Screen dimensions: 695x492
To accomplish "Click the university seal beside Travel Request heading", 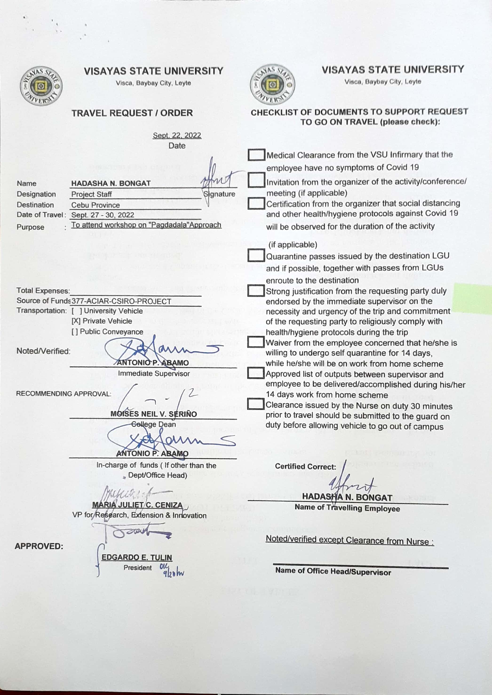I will [x=41, y=86].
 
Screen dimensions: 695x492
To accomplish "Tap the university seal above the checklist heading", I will [x=272, y=85].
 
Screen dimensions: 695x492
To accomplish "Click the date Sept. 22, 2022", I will [x=177, y=135].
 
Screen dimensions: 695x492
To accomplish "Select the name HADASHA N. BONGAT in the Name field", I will [x=111, y=183].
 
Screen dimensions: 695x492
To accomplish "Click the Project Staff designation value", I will [x=91, y=194].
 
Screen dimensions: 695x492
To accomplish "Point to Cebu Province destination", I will [x=95, y=205].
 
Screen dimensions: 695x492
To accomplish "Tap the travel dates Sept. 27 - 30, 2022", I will [x=103, y=215].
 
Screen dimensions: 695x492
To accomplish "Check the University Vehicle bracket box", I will [x=77, y=311].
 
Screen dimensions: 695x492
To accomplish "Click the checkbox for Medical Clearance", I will [x=256, y=155].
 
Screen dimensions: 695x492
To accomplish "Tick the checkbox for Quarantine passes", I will [x=256, y=255].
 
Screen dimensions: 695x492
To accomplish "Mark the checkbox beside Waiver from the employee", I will [x=256, y=342].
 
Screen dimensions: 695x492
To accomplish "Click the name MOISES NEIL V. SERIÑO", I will [x=154, y=414].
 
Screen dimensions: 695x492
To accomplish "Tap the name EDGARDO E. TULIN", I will [x=137, y=557].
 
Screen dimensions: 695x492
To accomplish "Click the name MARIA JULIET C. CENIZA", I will [x=138, y=505].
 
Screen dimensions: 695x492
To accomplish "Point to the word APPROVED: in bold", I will [x=39, y=546].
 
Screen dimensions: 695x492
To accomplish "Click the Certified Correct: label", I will [x=305, y=467].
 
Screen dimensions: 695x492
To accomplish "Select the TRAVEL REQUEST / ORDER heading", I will [x=132, y=113].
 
